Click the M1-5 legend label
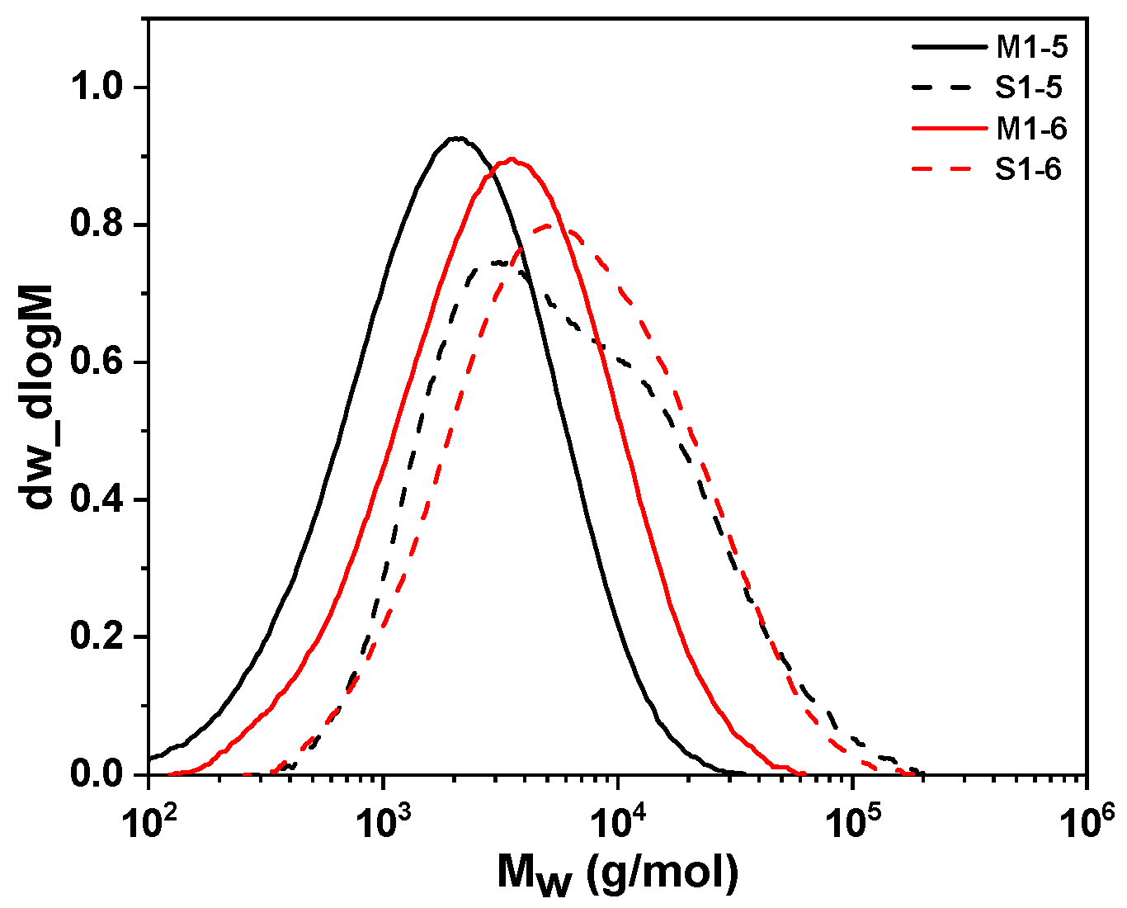[1031, 48]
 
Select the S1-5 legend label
[1029, 88]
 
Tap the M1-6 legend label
[1031, 130]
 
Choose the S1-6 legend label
[1029, 170]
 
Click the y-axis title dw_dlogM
[39, 396]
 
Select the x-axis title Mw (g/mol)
[617, 873]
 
